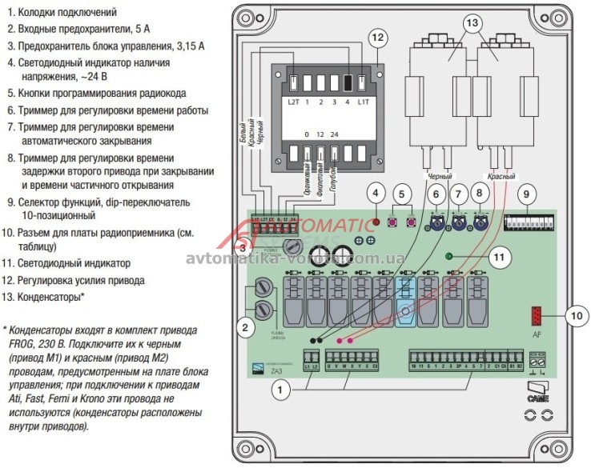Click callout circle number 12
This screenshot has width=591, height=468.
[378, 37]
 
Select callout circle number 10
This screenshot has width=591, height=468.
[575, 316]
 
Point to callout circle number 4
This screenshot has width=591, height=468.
[376, 192]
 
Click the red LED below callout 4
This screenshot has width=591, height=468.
[376, 219]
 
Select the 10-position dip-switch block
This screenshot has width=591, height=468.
[533, 218]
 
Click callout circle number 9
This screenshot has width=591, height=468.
[526, 193]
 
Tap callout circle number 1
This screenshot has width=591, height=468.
[279, 390]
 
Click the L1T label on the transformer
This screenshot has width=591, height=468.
[363, 102]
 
